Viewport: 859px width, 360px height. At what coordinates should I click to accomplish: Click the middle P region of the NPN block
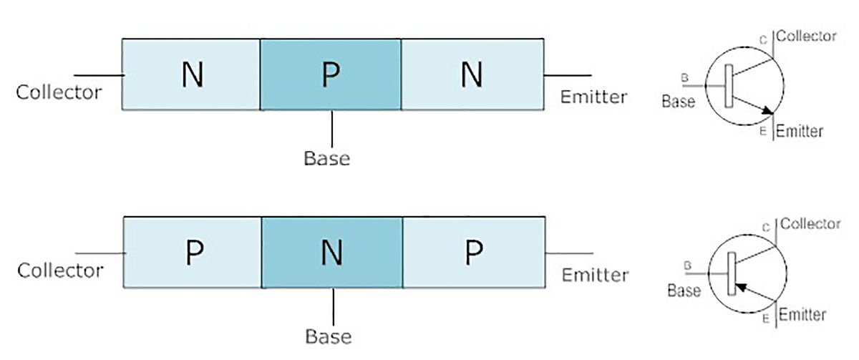(x=331, y=74)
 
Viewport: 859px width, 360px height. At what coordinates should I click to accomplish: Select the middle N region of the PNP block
(x=332, y=252)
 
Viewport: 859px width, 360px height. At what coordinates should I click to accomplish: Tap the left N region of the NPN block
(x=191, y=74)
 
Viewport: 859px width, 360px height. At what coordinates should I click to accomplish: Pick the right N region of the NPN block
(x=472, y=74)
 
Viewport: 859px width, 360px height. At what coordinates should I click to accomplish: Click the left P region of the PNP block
(x=193, y=252)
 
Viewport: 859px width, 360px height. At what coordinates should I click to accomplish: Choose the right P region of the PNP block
(x=474, y=252)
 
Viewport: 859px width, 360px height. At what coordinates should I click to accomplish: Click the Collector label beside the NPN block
(x=59, y=92)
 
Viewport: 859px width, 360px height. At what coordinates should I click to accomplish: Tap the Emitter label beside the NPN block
(x=593, y=97)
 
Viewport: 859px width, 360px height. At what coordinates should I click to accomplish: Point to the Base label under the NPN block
(x=326, y=158)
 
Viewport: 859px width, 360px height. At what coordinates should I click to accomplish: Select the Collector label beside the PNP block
(x=61, y=271)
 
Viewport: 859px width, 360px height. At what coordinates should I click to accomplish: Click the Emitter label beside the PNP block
(x=595, y=275)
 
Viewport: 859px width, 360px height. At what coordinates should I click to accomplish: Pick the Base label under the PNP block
(x=329, y=336)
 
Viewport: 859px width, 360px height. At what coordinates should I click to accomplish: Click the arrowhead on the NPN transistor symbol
(x=767, y=110)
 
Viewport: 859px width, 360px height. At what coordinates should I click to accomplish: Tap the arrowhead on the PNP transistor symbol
(x=741, y=287)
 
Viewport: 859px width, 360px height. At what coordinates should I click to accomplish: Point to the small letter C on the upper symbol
(x=764, y=40)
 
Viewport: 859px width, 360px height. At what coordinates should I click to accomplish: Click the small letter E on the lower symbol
(x=766, y=318)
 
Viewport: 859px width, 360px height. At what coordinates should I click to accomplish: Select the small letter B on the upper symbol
(x=684, y=78)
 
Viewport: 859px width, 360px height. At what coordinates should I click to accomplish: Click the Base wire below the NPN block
(x=332, y=129)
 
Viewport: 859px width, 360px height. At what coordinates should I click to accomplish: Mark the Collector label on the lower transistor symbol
(x=810, y=223)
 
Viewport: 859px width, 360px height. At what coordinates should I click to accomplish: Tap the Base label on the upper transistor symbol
(x=679, y=102)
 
